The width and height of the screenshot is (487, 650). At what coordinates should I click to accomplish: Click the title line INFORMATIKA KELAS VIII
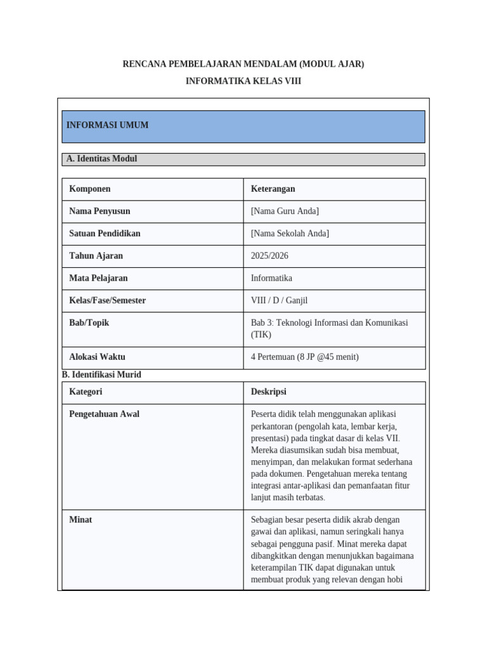(243, 81)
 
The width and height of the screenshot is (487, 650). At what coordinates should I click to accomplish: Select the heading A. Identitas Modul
(101, 159)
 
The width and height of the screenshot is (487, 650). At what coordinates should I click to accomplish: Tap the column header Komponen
(89, 189)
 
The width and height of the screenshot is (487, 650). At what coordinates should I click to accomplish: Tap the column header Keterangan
(273, 189)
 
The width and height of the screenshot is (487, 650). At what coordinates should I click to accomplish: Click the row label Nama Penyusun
(100, 211)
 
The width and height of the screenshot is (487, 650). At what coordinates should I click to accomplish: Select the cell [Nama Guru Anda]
(285, 211)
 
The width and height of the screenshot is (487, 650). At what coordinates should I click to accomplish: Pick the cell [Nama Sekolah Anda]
(290, 234)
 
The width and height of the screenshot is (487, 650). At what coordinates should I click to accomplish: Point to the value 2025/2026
(269, 256)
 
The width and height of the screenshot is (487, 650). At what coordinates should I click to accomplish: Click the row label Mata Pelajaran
(98, 278)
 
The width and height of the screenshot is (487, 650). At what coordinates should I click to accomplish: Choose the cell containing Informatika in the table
(271, 278)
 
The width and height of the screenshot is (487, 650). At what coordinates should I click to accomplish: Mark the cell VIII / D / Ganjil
(279, 300)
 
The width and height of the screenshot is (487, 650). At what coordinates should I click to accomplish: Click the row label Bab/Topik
(89, 322)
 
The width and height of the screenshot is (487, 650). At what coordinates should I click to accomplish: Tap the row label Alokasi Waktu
(96, 357)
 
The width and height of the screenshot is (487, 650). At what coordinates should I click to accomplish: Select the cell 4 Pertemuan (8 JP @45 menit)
(304, 357)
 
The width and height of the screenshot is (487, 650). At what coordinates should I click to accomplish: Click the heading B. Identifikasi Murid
(101, 375)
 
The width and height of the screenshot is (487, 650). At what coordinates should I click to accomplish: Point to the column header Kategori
(86, 392)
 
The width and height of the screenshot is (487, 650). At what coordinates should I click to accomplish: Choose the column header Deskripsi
(268, 392)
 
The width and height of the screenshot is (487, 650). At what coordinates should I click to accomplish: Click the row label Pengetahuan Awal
(104, 414)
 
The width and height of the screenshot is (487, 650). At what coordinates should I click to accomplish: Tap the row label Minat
(81, 519)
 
